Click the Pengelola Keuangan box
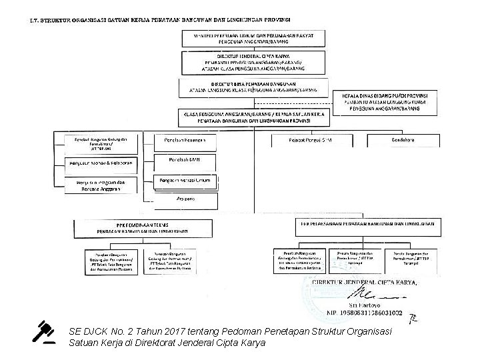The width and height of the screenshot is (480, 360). click(x=186, y=142)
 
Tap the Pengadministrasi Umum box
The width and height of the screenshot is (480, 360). click(x=186, y=180)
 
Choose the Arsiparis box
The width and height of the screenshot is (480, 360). click(x=186, y=199)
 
